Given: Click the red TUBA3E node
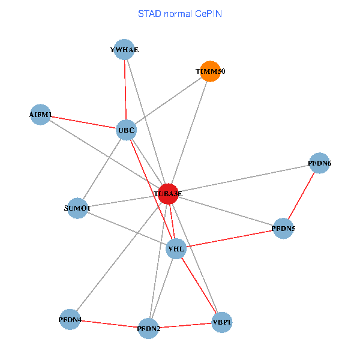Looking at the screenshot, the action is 168,194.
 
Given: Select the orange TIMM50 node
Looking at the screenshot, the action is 209,71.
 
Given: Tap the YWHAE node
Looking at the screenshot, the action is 124,50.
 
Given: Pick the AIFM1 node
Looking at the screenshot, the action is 41,115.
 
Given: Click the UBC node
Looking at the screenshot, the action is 126,130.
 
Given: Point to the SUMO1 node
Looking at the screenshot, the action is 77,208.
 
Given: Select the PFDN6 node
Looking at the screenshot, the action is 320,163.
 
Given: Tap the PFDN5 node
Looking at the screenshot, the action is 283,229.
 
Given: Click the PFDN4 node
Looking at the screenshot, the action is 70,320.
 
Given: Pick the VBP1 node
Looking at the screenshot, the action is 221,323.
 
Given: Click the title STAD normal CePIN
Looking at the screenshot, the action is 179,13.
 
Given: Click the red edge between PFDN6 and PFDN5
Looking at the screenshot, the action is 302,196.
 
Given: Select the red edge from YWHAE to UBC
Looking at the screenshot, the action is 125,90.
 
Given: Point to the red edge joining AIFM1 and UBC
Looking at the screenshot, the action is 83,122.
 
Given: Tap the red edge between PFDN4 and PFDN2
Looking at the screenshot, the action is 109,324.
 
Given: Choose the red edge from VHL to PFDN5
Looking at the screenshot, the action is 230,239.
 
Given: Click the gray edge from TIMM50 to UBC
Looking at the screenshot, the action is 168,100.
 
